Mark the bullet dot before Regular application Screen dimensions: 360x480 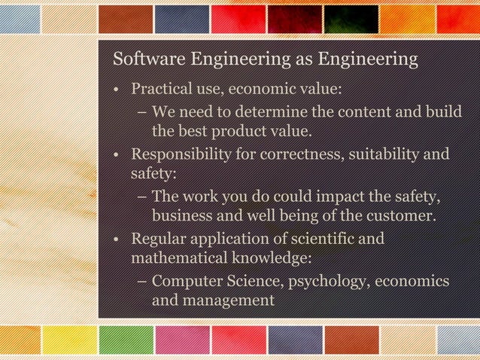pos(117,241)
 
